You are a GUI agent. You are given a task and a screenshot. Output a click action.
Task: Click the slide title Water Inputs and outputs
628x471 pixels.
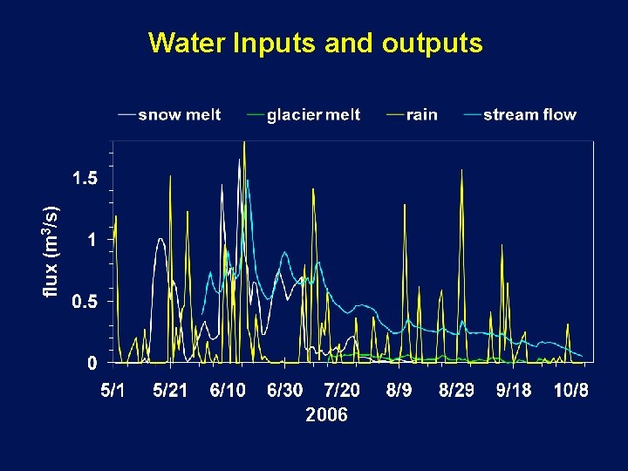[315, 43]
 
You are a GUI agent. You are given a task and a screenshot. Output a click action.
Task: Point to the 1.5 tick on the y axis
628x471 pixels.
[85, 178]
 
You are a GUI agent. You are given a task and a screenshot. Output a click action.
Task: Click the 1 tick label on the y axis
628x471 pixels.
[92, 240]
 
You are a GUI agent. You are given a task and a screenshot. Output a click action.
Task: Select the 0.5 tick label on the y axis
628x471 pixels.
[85, 302]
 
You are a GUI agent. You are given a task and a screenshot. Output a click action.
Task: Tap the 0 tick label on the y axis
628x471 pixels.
[92, 363]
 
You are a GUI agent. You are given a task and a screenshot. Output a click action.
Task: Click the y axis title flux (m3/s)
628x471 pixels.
[52, 250]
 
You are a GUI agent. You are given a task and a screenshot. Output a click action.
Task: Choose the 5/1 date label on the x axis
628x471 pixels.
[113, 390]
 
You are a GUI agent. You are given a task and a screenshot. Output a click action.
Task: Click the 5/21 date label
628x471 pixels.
[170, 390]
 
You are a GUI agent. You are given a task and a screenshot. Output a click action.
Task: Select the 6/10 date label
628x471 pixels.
[228, 390]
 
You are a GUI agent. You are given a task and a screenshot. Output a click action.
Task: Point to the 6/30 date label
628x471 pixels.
[285, 390]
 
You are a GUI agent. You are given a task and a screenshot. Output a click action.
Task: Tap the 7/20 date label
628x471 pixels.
[342, 390]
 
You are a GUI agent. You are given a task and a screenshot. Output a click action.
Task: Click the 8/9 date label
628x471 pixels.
[399, 390]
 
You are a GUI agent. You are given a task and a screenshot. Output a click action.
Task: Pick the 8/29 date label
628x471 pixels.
[456, 390]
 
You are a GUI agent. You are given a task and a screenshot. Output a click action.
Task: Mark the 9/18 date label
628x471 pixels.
[514, 390]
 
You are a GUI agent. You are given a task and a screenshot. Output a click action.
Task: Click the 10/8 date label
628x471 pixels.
[571, 390]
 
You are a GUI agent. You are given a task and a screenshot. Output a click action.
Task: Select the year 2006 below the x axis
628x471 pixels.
[326, 415]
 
